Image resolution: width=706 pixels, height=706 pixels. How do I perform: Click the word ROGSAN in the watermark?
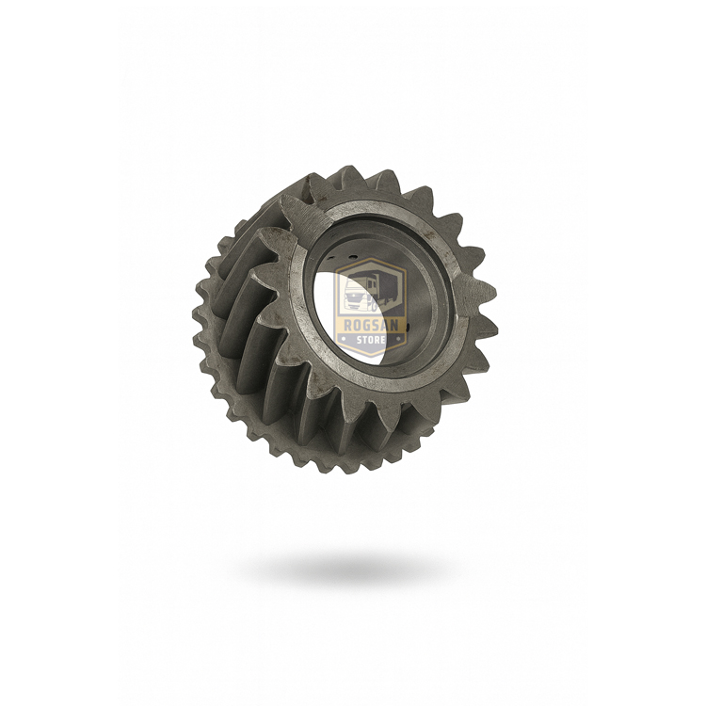tap(370, 325)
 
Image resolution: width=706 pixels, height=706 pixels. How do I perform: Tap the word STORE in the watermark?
tap(371, 339)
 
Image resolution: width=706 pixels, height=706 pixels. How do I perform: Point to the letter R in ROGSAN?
tap(347, 325)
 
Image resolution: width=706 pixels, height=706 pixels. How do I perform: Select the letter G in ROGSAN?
tap(365, 325)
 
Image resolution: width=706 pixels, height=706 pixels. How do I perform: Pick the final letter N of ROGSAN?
tap(393, 325)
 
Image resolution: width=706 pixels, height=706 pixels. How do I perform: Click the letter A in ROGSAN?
tap(384, 325)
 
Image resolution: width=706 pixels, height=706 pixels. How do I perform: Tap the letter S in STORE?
tap(360, 339)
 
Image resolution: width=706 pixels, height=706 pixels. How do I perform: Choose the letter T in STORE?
tap(365, 339)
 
